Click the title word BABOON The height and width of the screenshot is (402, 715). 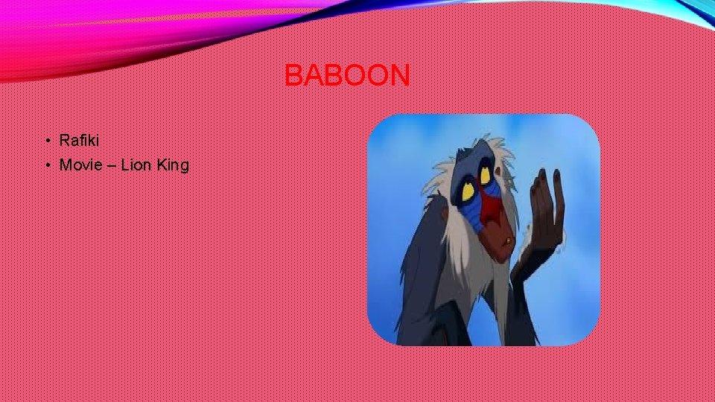coord(347,75)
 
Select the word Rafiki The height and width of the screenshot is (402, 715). coord(79,140)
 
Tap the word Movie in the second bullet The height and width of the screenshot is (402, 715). coord(81,165)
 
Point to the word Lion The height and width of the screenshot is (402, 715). coord(136,165)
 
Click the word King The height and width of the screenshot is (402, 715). coord(173,165)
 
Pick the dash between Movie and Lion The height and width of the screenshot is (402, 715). coord(110,165)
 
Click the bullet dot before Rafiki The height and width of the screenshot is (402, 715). coord(46,141)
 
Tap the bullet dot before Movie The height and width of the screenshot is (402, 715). coord(46,165)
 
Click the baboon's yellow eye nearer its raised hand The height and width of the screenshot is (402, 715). coord(485,176)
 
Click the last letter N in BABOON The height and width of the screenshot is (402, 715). coord(398,75)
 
